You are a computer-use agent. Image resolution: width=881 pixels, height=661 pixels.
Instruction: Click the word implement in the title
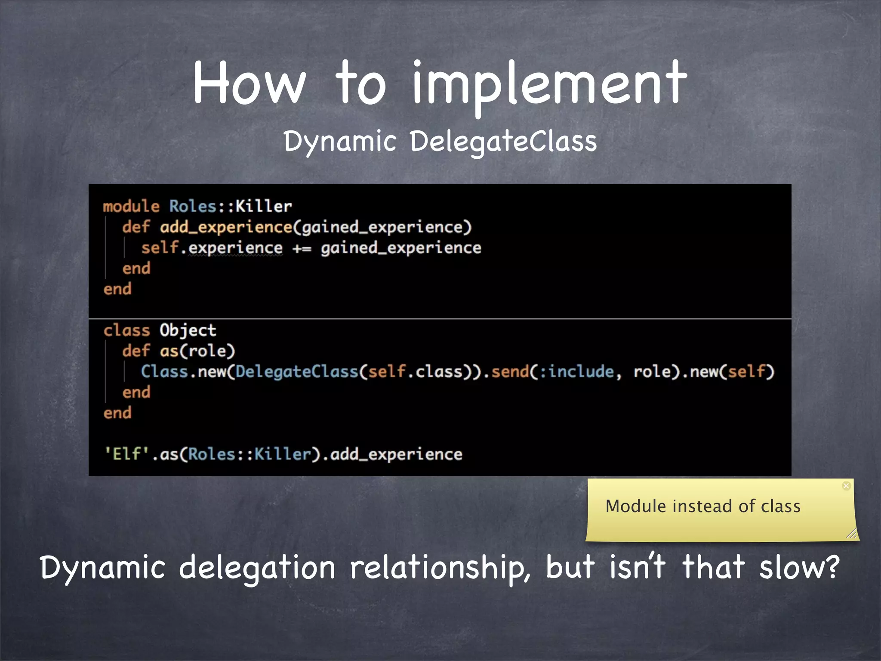pyautogui.click(x=549, y=84)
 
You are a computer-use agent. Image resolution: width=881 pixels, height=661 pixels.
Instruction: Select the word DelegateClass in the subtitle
pyautogui.click(x=503, y=142)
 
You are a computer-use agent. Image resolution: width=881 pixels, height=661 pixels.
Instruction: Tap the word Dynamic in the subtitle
pyautogui.click(x=339, y=142)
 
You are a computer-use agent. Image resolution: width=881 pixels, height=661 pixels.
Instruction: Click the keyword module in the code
pyautogui.click(x=131, y=207)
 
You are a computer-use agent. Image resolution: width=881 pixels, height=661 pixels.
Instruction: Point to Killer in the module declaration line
pyautogui.click(x=264, y=207)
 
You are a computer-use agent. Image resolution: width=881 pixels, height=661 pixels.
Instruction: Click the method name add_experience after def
pyautogui.click(x=226, y=227)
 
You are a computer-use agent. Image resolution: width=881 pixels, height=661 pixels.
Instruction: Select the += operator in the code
pyautogui.click(x=302, y=248)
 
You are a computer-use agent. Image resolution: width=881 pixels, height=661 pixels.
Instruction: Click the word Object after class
pyautogui.click(x=188, y=330)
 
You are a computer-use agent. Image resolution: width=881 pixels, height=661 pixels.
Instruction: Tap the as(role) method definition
pyautogui.click(x=197, y=351)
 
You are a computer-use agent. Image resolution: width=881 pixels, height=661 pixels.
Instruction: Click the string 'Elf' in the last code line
pyautogui.click(x=126, y=454)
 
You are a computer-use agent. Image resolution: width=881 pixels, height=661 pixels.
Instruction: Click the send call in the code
pyautogui.click(x=510, y=371)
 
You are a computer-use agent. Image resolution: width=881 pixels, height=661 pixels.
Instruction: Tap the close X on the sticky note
pyautogui.click(x=846, y=486)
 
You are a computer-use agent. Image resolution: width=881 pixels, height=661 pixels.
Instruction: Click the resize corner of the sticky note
pyautogui.click(x=851, y=534)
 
